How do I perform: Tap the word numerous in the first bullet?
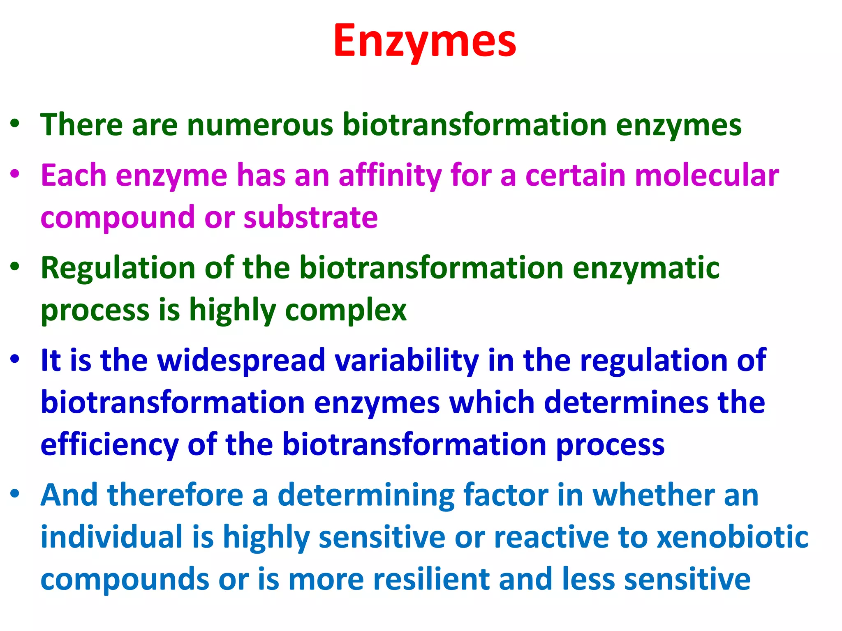tap(260, 125)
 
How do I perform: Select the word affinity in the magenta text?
tap(390, 176)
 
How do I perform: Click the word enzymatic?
tap(646, 268)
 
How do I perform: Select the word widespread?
tap(241, 361)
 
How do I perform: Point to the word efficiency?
tap(109, 445)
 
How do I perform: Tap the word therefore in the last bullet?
tap(175, 495)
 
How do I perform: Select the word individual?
tap(111, 537)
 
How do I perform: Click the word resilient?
tap(432, 579)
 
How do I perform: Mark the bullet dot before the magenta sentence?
tap(15, 174)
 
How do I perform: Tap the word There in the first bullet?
tap(81, 125)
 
